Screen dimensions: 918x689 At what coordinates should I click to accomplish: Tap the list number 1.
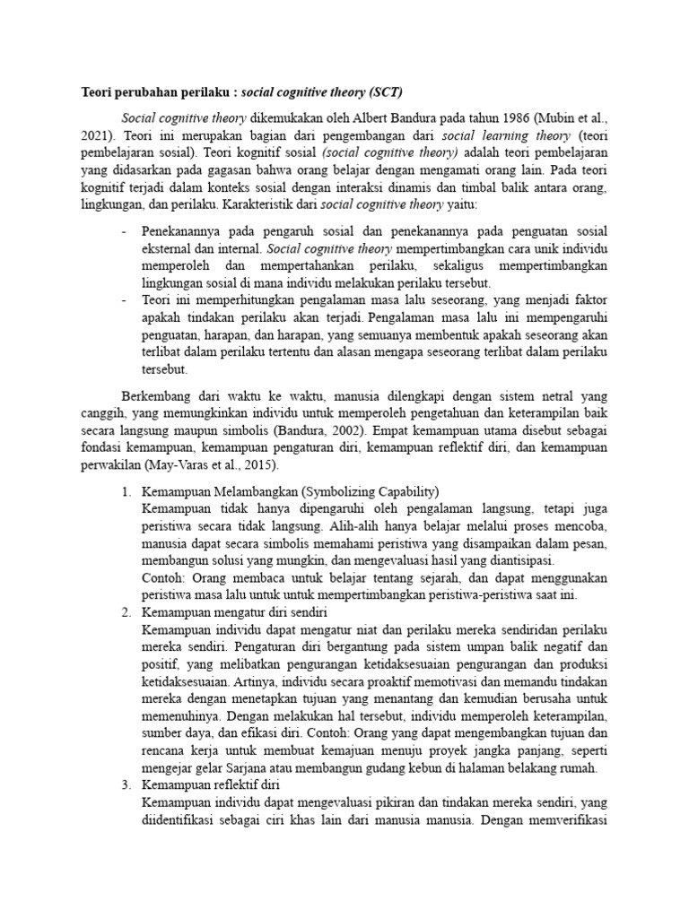pos(126,492)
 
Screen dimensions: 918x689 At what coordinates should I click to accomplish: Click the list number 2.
pos(126,612)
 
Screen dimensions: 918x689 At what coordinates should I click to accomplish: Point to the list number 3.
pos(126,785)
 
